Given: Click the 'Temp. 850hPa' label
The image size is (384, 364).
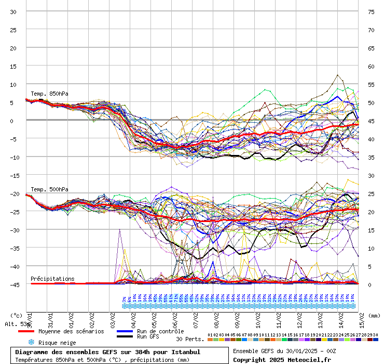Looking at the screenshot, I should tap(49, 94).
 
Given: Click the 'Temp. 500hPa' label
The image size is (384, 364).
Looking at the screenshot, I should tap(49, 190).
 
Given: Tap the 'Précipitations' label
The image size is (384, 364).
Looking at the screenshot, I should tap(52, 279).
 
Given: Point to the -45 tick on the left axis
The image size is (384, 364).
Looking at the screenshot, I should tap(13, 284).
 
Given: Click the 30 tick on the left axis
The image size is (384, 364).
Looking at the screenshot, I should tap(13, 12).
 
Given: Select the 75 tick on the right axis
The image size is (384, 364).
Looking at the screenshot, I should tap(371, 12).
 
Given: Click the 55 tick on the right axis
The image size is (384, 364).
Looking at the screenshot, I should tap(371, 84).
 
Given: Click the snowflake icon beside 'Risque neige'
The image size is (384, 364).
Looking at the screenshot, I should tap(31, 342).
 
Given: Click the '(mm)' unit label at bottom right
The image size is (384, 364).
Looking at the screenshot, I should tap(374, 315).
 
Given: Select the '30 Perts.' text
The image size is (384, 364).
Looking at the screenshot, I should tap(190, 339).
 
